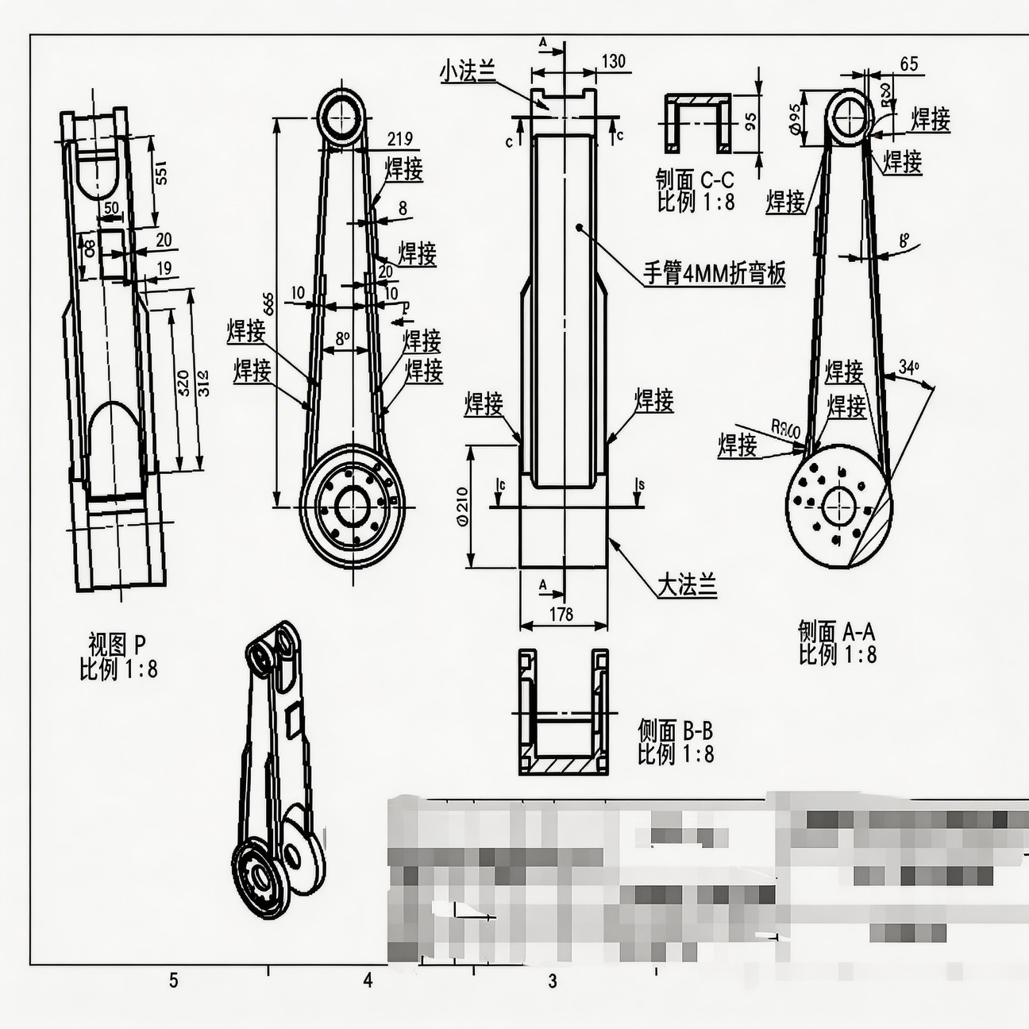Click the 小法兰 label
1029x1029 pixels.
tap(468, 71)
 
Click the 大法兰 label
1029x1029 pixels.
tap(687, 586)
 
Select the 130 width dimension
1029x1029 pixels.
tap(613, 61)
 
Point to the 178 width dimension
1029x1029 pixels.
tap(561, 614)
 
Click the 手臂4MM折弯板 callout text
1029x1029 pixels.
tap(714, 274)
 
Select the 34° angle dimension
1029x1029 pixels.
tap(908, 367)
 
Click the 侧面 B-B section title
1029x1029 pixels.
tap(675, 730)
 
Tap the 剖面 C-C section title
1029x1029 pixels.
tap(695, 179)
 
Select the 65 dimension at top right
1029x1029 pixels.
tap(908, 64)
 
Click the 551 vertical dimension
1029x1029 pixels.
tap(161, 172)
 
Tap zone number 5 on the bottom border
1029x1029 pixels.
tap(173, 981)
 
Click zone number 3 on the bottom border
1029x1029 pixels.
tap(553, 981)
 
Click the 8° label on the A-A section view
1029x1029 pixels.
tap(904, 239)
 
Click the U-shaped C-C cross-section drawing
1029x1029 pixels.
tap(698, 122)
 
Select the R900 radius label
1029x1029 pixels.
tap(786, 430)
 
